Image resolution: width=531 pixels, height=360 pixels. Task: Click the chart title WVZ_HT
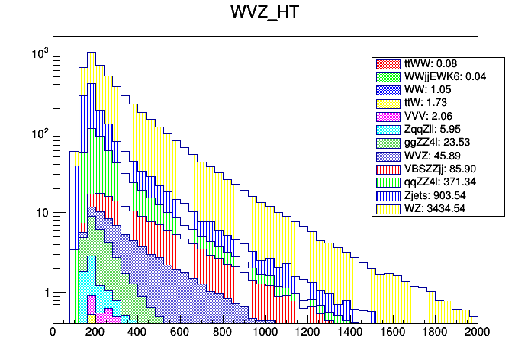pyautogui.click(x=265, y=14)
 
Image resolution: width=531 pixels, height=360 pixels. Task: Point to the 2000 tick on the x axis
pyautogui.click(x=478, y=333)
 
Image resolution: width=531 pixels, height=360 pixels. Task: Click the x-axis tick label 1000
pyautogui.click(x=265, y=333)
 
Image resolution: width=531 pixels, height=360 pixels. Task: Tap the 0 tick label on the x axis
pyautogui.click(x=53, y=333)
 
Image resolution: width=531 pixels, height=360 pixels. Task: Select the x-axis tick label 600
pyautogui.click(x=180, y=333)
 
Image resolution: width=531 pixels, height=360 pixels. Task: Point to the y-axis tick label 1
pyautogui.click(x=43, y=293)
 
